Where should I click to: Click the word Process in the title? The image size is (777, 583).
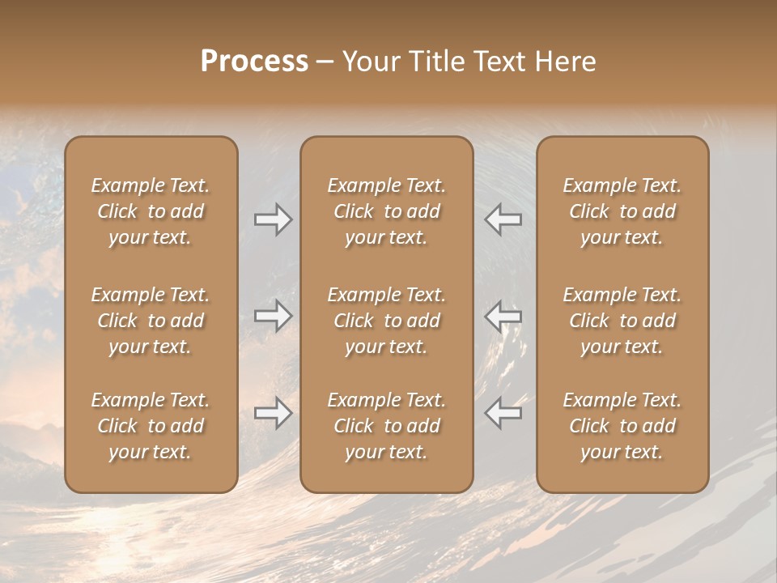(254, 62)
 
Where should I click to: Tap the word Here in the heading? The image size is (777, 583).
(564, 62)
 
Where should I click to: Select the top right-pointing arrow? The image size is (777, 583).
(274, 219)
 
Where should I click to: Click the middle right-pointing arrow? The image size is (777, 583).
(274, 316)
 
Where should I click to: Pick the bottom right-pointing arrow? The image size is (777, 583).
(274, 413)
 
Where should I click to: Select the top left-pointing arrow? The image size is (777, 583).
(503, 219)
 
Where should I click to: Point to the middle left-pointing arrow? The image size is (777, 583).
(503, 316)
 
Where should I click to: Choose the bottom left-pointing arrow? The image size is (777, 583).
(503, 413)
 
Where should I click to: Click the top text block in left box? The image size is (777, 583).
(151, 211)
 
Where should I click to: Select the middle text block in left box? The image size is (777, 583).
(151, 321)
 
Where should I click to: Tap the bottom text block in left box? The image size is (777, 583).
(151, 426)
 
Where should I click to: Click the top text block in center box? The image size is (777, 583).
(386, 211)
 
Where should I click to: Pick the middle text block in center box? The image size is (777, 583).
(386, 321)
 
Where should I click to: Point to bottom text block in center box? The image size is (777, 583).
(386, 426)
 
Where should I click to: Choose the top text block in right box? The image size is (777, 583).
(622, 211)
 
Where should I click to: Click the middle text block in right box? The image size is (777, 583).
(622, 321)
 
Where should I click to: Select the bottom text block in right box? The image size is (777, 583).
(622, 426)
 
